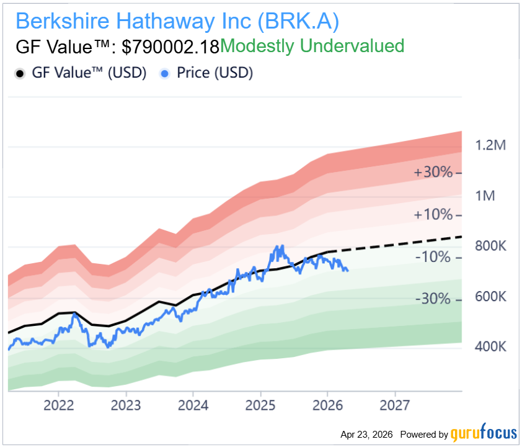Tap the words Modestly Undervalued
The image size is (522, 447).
point(312,46)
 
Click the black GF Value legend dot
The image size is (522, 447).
point(19,73)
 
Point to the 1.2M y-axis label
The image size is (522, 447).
point(490,146)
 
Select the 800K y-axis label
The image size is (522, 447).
point(490,246)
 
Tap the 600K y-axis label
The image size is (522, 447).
point(490,297)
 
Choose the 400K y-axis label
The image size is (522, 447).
point(490,346)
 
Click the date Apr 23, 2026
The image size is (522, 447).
point(366,434)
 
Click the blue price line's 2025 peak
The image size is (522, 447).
point(280,246)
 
